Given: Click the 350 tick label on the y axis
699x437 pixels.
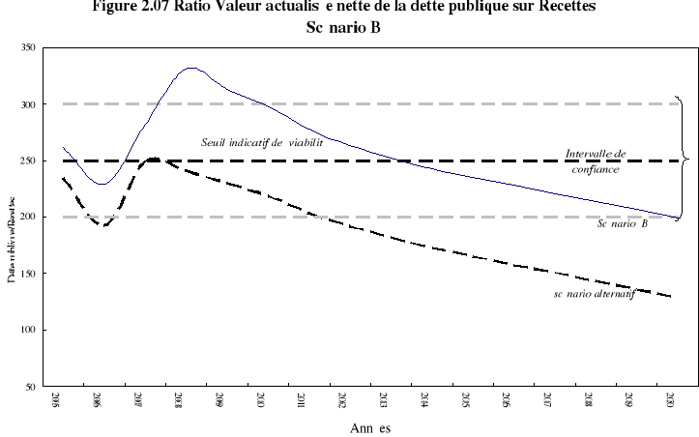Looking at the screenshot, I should [35, 47].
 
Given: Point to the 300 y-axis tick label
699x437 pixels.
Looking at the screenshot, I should [35, 104].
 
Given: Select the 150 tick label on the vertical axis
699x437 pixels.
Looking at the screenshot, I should [35, 274].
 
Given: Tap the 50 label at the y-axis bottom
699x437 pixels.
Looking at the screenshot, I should [37, 387].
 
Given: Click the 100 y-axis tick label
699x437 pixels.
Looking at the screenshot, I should [35, 331].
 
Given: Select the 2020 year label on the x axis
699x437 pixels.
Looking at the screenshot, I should [671, 400].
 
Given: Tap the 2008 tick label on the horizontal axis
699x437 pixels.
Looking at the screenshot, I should [179, 400].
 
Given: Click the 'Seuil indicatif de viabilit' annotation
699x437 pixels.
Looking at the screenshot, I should [261, 143].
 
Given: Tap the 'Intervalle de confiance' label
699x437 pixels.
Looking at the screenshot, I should [596, 160].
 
